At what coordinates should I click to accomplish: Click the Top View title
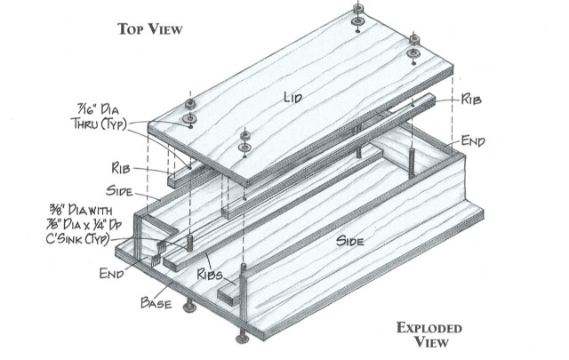pos(150,29)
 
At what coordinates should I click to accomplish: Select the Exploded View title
pos(429,334)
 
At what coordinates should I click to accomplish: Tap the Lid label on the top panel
pos(293,97)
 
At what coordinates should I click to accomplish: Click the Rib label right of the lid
pos(471,99)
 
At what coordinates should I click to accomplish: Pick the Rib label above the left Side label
pos(121,168)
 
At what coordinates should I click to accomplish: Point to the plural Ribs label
pos(210,274)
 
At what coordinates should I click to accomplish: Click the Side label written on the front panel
pos(349,241)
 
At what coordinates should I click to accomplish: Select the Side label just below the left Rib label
pos(119,191)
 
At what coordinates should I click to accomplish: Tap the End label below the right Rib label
pos(473,140)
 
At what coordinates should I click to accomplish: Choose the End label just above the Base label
pos(112,273)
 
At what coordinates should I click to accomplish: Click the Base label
pos(156,302)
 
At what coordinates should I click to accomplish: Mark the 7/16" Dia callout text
pos(98,108)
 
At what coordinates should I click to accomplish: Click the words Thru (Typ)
pos(99,124)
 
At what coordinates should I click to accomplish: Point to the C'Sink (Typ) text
pos(77,239)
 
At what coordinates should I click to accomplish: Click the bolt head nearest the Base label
pos(189,308)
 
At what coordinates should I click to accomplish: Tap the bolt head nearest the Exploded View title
pos(242,340)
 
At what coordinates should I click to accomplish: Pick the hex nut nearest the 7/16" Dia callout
pos(190,105)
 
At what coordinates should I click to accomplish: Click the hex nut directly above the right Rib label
pos(414,39)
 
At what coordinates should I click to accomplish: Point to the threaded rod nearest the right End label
pos(412,163)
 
